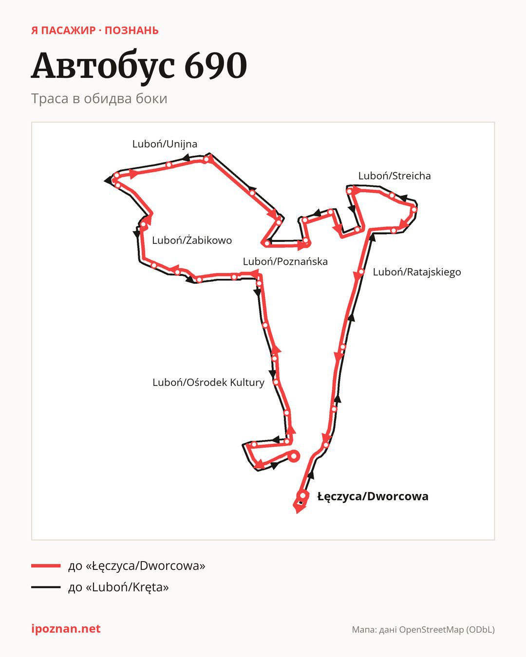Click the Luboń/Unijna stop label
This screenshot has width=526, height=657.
tap(165, 144)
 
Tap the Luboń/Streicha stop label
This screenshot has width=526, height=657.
tap(394, 176)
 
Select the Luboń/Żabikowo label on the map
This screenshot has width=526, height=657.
tap(192, 240)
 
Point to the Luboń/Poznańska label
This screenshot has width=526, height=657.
tap(285, 261)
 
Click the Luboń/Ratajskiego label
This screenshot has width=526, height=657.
tap(417, 272)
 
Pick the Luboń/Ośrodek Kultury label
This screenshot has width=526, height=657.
tap(208, 382)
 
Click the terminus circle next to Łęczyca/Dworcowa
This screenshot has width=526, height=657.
tap(302, 495)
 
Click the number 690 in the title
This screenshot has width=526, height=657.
tap(216, 66)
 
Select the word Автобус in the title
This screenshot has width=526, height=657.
tap(103, 66)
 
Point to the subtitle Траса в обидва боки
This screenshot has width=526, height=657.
tap(99, 99)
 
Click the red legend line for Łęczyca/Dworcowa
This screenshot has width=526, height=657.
tap(46, 566)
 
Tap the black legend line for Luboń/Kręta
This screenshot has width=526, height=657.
tap(46, 587)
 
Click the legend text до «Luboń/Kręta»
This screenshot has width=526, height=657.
tap(118, 587)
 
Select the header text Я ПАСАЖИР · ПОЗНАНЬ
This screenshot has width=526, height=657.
tap(95, 31)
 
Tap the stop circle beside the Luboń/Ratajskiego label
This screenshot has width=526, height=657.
tap(361, 272)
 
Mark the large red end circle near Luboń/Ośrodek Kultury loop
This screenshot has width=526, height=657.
tap(293, 456)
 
